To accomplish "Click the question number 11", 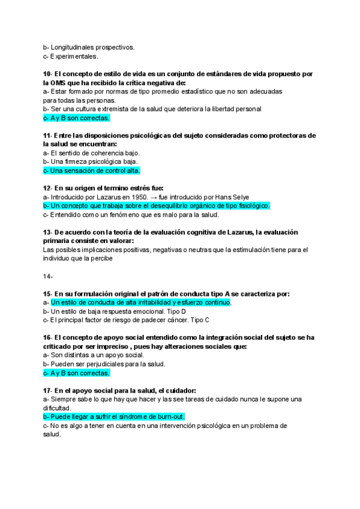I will click(x=47, y=136).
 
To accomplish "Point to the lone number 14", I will click(x=48, y=276).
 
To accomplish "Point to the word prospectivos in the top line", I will click(x=113, y=47).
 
